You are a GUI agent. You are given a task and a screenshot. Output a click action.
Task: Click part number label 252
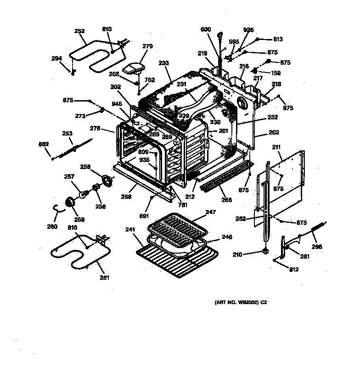[79, 31]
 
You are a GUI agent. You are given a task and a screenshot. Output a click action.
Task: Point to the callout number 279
[147, 46]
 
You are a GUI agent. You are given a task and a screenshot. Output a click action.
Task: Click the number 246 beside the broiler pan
[227, 237]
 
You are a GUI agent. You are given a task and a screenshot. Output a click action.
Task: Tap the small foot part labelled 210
[265, 251]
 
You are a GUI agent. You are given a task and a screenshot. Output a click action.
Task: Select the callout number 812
[294, 270]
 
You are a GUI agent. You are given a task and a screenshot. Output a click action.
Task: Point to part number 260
[52, 226]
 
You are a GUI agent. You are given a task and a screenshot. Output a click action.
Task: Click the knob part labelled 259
[71, 202]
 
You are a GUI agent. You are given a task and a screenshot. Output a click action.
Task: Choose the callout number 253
[67, 134]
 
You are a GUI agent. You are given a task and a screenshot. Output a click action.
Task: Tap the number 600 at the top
[206, 30]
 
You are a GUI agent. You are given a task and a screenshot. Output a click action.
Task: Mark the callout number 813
[278, 39]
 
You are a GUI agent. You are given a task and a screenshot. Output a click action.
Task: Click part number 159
[276, 73]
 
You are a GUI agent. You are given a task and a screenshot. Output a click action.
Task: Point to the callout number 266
[227, 200]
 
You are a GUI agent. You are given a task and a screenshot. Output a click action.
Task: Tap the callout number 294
[56, 58]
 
